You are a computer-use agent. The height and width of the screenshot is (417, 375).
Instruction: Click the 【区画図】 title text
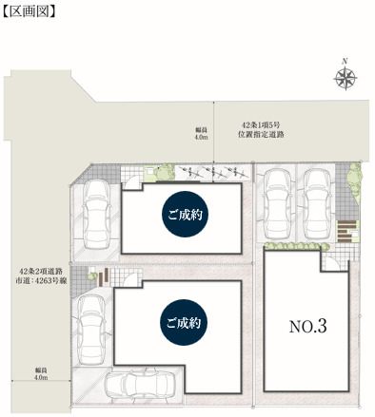coord(30,11)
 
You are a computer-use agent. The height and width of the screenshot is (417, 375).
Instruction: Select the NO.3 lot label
coord(307,327)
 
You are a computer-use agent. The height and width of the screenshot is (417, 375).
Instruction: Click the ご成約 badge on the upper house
coord(186,215)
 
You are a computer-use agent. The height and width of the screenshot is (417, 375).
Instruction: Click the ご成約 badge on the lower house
coord(184,323)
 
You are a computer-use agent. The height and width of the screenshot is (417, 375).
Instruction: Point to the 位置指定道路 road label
coord(261,134)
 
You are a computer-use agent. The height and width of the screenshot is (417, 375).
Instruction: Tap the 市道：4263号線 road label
coord(41,280)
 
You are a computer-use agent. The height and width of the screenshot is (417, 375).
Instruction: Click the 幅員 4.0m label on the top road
coord(201,133)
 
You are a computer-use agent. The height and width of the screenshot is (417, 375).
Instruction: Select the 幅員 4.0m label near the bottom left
coord(41,374)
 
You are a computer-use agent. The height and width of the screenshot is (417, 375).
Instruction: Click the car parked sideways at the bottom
coord(140,385)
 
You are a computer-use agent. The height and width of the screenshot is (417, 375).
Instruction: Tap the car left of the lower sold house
coord(91,330)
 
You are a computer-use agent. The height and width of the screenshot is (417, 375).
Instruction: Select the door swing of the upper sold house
coord(131,182)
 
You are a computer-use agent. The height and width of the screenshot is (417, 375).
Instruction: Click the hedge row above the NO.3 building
coord(293,246)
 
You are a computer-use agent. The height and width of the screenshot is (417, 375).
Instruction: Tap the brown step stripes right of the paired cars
coord(346,232)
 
